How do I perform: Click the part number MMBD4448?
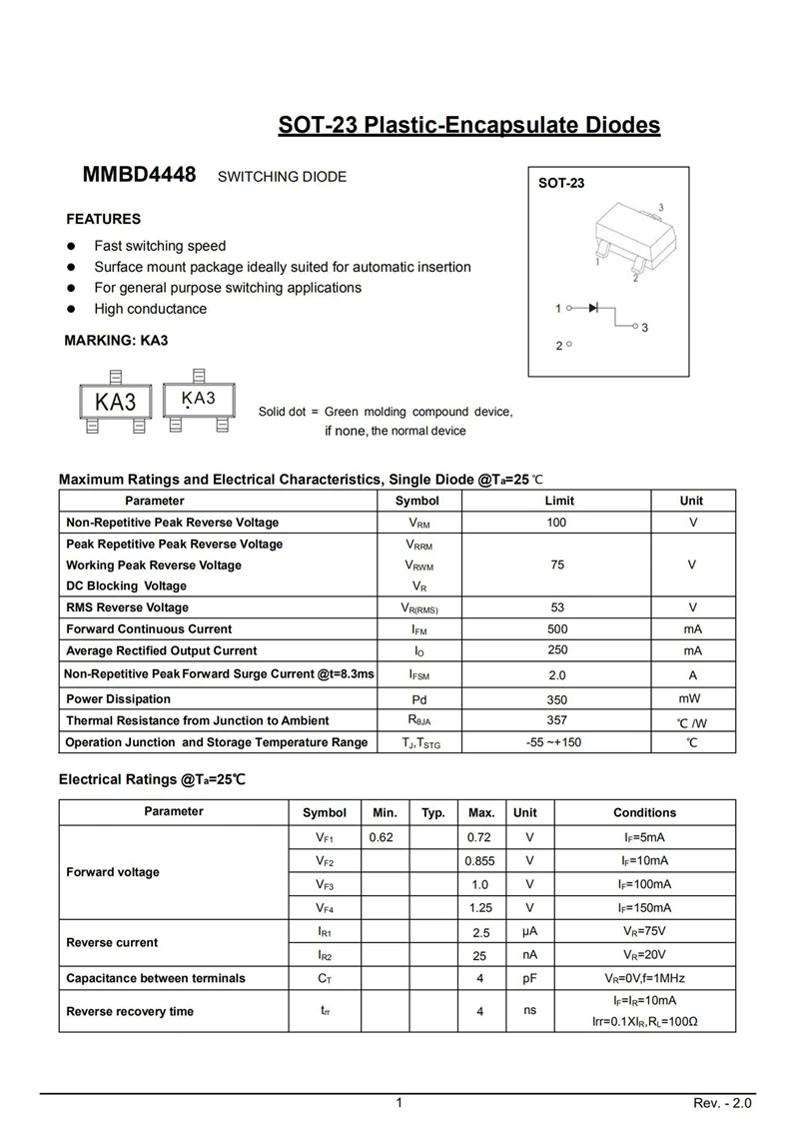pos(139,175)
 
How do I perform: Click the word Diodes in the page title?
pos(612,126)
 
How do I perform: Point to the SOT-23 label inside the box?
pos(560,184)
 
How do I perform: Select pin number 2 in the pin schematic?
pos(559,346)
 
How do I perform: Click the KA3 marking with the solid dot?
pos(198,400)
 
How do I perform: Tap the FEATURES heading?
pos(103,219)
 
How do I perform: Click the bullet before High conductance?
pos(72,309)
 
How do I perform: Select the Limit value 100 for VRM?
pos(556,523)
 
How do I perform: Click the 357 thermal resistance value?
pos(556,720)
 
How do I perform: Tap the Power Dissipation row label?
pos(118,699)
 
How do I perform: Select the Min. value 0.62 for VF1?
pos(381,837)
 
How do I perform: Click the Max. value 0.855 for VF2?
pos(480,860)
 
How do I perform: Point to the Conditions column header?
pos(644,812)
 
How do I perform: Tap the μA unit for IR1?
pos(529,932)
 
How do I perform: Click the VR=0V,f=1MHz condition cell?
pos(644,978)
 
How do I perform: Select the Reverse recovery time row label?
pos(130,1011)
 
